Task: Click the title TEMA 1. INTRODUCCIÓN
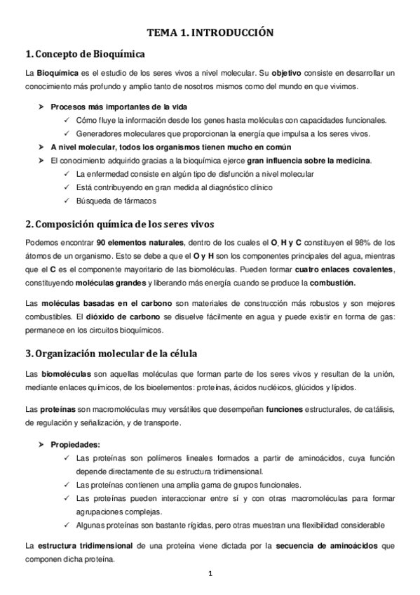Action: click(210, 32)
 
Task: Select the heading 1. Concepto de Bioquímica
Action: click(85, 54)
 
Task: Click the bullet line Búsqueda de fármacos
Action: click(116, 201)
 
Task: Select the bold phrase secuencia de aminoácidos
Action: click(323, 545)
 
